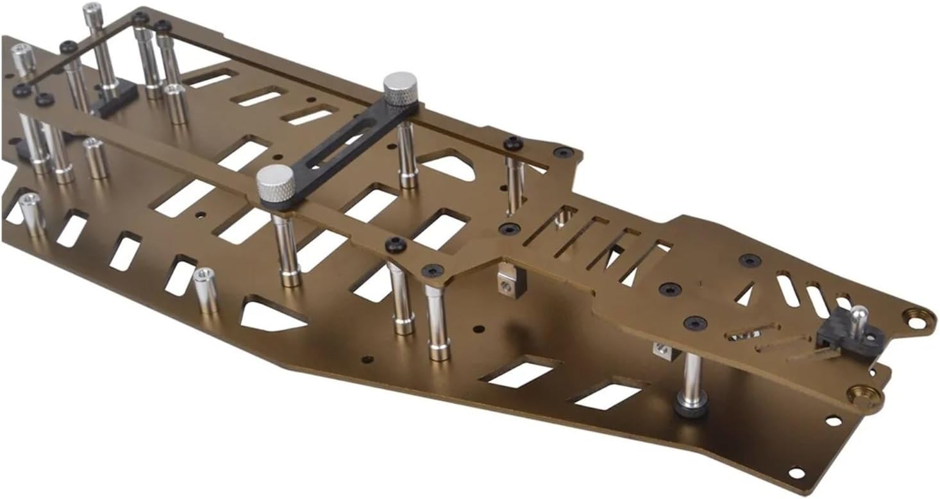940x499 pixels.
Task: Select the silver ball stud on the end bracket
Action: [x=859, y=316]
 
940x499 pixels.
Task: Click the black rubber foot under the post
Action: [x=691, y=407]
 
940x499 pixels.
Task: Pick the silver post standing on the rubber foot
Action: [x=692, y=378]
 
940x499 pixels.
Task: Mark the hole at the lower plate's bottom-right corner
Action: [x=796, y=473]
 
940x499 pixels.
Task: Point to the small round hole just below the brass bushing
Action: [x=833, y=421]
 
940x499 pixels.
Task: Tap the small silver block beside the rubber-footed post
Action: [x=661, y=350]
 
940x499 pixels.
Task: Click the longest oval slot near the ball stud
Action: [x=787, y=290]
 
